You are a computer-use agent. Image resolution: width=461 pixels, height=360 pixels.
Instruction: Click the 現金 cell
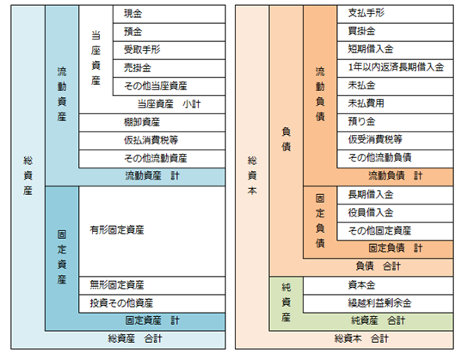point(169,14)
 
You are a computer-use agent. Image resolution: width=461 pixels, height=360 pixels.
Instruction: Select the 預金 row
point(169,32)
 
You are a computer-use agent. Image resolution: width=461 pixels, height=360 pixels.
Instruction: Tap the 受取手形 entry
point(169,50)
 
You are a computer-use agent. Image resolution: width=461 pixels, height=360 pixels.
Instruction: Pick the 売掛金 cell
point(169,69)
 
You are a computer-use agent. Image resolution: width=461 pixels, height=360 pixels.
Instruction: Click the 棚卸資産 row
point(152,123)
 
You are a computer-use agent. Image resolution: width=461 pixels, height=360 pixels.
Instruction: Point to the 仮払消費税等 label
point(151,140)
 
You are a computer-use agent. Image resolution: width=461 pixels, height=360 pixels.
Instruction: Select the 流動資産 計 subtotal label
point(152,176)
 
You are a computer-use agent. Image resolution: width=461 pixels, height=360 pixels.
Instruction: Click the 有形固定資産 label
point(117,230)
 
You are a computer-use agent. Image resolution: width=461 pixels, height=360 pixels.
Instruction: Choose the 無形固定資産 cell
point(152,285)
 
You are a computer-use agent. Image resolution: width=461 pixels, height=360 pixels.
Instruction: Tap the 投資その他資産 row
point(152,303)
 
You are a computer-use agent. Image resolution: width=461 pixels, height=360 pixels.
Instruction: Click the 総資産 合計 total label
point(135,339)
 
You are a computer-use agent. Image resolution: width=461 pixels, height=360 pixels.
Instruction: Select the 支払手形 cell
point(395,14)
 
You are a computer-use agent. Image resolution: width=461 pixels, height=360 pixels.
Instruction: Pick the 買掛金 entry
point(395,32)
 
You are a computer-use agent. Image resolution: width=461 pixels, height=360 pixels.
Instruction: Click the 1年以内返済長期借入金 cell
point(395,69)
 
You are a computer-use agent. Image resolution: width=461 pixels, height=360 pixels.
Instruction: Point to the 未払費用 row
point(395,105)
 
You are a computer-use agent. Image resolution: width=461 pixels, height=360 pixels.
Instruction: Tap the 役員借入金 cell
point(395,213)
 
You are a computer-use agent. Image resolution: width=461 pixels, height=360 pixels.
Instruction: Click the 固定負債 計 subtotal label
point(396,248)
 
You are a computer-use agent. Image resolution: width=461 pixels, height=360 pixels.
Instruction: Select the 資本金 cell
point(378,285)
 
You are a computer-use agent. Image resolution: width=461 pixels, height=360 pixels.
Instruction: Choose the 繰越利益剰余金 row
point(378,303)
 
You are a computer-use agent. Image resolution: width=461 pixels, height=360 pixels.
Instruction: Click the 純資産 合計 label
point(378,320)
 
